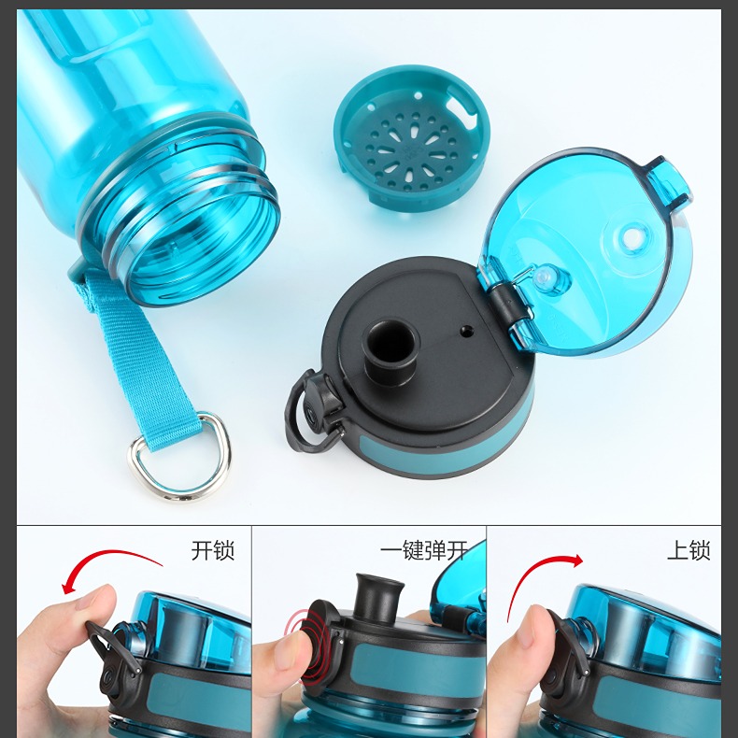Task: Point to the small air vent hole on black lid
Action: (x=466, y=331)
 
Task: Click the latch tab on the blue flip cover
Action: (x=667, y=181)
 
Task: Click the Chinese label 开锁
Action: (x=213, y=550)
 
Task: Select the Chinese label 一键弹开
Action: (x=424, y=550)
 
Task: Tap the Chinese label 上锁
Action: (x=688, y=550)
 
